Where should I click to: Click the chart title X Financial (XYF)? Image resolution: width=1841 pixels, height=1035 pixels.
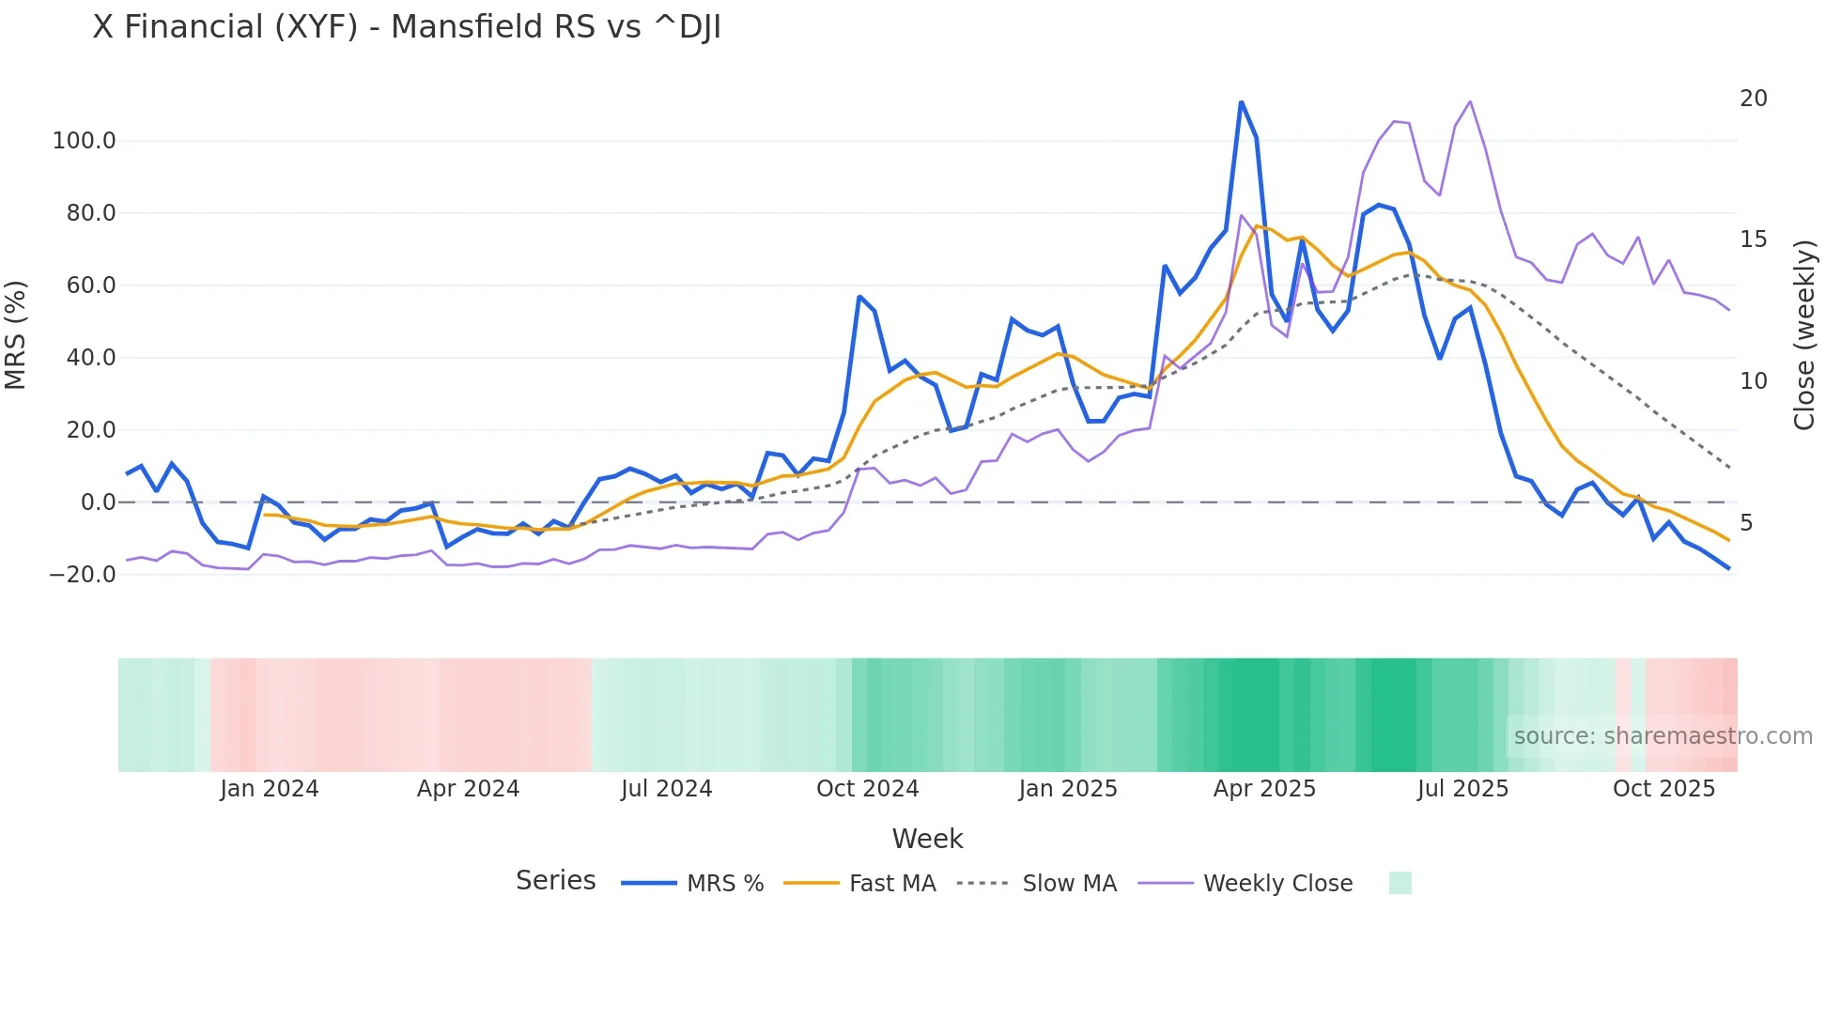click(x=407, y=27)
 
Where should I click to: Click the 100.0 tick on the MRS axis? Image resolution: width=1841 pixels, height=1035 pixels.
click(x=84, y=141)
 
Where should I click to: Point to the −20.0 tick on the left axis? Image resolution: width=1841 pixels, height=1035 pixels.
click(x=83, y=574)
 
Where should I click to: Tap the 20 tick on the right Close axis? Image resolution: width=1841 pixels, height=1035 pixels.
click(x=1753, y=99)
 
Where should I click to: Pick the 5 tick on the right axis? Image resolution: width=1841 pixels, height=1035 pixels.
click(x=1746, y=523)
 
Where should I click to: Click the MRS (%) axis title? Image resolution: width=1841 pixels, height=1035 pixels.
click(x=16, y=335)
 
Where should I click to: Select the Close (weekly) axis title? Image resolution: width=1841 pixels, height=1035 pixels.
click(x=1804, y=335)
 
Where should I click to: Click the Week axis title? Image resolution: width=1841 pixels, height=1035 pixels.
click(x=927, y=839)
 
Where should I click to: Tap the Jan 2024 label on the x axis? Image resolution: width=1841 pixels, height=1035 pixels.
click(x=270, y=789)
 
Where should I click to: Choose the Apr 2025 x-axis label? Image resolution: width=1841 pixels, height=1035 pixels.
click(x=1264, y=789)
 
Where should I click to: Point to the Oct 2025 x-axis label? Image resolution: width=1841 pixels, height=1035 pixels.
click(x=1663, y=789)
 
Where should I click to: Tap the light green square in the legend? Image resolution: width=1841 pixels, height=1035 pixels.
click(x=1400, y=883)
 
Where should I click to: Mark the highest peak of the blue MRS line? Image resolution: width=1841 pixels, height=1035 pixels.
click(x=1241, y=102)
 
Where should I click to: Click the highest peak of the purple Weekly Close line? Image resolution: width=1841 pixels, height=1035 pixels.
click(x=1470, y=102)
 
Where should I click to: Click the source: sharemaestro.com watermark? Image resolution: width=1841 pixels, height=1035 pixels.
click(x=1663, y=736)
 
